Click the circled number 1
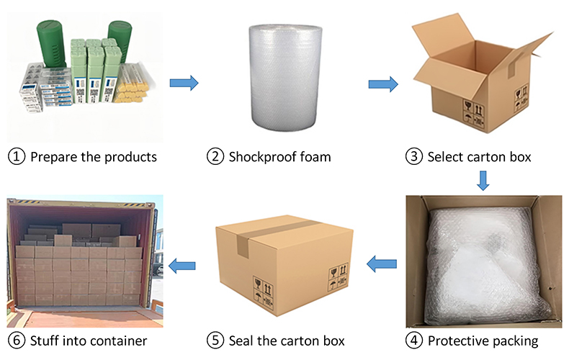pos(17,156)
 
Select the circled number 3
pos(415,156)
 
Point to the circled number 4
pos(415,340)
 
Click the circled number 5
pos(215,340)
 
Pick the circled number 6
pos(17,340)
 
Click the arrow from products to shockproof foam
pos(184,84)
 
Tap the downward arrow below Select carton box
pos(483,181)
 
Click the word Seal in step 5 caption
pos(241,340)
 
